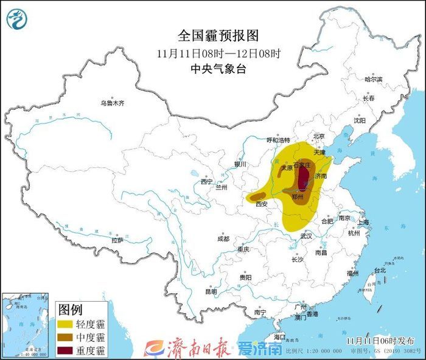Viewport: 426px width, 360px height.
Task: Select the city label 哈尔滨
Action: click(x=373, y=80)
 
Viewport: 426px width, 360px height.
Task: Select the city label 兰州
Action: click(x=221, y=188)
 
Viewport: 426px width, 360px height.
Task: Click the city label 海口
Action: click(x=279, y=336)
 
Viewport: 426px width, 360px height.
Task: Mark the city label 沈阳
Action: click(x=360, y=120)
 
